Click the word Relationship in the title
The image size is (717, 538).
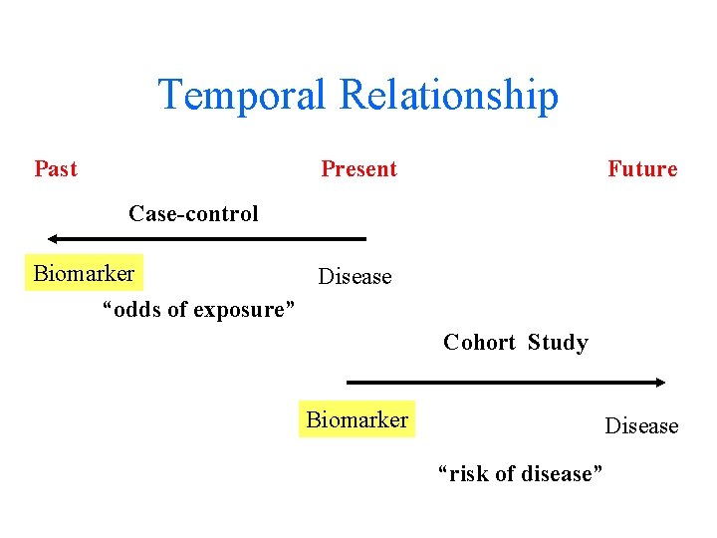(x=448, y=96)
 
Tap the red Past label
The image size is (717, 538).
(x=56, y=168)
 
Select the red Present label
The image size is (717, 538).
(x=358, y=168)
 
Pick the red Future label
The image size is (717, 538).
(x=642, y=168)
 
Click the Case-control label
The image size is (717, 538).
(x=193, y=213)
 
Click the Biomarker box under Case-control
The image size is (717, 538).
(x=84, y=273)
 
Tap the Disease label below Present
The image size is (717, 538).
(x=355, y=277)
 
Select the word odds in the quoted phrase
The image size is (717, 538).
(x=138, y=310)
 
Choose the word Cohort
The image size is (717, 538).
(x=479, y=343)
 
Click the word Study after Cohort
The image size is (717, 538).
(x=558, y=343)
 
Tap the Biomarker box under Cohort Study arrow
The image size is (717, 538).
(x=357, y=419)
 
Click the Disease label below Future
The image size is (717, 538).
(x=641, y=426)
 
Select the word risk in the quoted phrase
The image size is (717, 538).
(x=466, y=474)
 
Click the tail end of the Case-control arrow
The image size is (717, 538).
(x=363, y=239)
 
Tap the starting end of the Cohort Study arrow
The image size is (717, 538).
(x=349, y=382)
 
